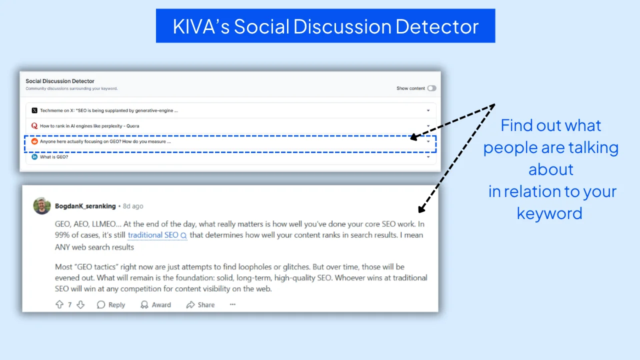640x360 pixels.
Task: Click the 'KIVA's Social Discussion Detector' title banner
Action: pyautogui.click(x=325, y=26)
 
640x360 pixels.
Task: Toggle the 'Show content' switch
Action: pyautogui.click(x=431, y=88)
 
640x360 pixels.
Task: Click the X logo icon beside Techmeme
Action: pyautogui.click(x=34, y=110)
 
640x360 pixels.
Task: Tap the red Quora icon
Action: pyautogui.click(x=34, y=126)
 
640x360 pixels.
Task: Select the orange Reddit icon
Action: pyautogui.click(x=34, y=141)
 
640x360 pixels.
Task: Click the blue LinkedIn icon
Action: pyautogui.click(x=34, y=157)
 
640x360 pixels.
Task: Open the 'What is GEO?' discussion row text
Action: pyautogui.click(x=54, y=157)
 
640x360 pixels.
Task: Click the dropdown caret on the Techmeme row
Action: pyautogui.click(x=428, y=110)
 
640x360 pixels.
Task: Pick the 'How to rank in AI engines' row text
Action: pyautogui.click(x=89, y=126)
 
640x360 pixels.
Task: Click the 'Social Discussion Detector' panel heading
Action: pyautogui.click(x=60, y=81)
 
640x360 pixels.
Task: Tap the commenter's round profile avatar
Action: pyautogui.click(x=42, y=205)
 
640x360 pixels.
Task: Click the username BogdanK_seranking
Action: pyautogui.click(x=85, y=206)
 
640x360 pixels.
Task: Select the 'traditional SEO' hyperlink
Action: pyautogui.click(x=153, y=235)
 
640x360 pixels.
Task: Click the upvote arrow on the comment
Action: pyautogui.click(x=59, y=304)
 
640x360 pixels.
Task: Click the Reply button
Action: pyautogui.click(x=111, y=304)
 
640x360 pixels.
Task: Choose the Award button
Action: pyautogui.click(x=155, y=304)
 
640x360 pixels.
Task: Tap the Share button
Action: pyautogui.click(x=200, y=304)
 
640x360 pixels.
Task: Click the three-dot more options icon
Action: pyautogui.click(x=232, y=304)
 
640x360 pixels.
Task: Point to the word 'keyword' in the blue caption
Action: pyautogui.click(x=549, y=213)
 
